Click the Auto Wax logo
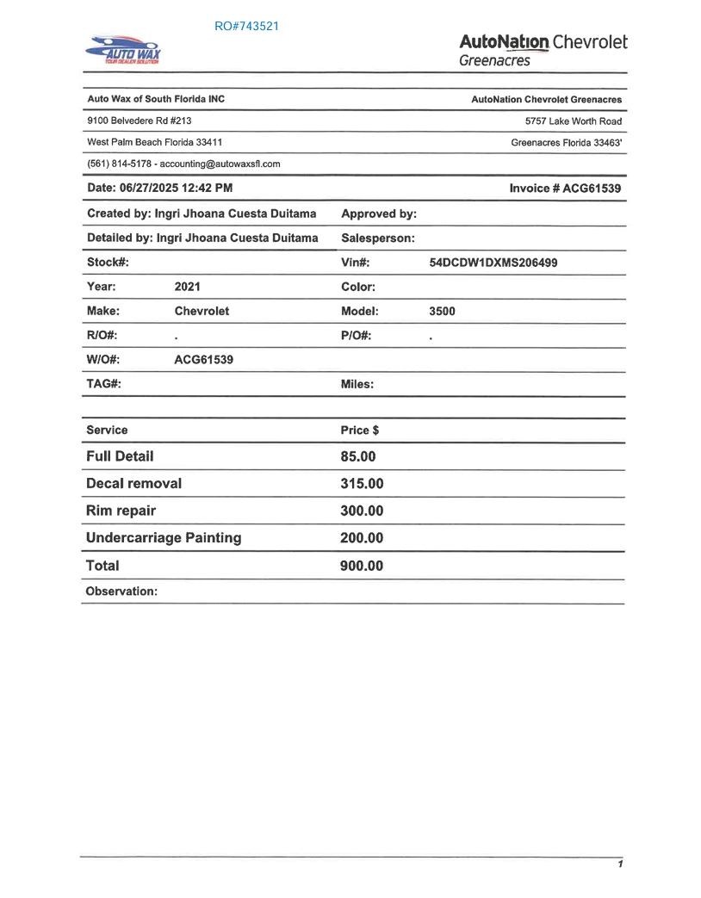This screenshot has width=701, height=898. click(122, 51)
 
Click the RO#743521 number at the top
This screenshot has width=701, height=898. click(246, 26)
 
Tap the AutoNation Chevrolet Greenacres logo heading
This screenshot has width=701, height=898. click(543, 49)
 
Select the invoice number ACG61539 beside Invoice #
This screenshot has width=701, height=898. click(592, 189)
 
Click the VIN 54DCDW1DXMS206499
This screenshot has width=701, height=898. click(493, 263)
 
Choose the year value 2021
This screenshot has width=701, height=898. click(187, 287)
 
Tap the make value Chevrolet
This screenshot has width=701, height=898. click(202, 311)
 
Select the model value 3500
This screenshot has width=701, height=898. click(442, 311)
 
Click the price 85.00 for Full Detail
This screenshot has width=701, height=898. click(358, 456)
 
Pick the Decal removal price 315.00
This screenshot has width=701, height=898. click(362, 484)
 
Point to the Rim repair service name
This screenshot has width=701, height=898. click(121, 511)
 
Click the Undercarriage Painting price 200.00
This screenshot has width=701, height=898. click(362, 538)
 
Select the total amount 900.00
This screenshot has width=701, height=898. click(362, 566)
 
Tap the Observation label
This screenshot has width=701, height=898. click(121, 591)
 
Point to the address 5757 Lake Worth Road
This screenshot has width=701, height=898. click(573, 121)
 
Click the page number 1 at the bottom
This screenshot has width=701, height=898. click(619, 864)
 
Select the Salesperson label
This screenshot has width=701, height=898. click(378, 238)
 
